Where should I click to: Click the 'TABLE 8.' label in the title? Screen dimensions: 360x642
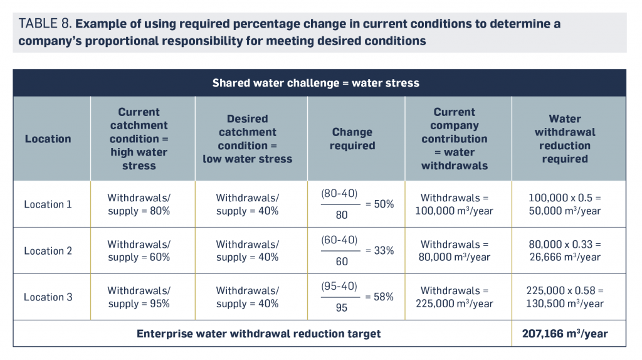46,24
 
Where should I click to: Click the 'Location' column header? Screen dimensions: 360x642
48,139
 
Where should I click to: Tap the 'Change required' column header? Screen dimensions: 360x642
352,139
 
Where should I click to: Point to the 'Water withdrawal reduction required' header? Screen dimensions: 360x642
564,139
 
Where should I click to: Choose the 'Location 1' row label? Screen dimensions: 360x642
48,204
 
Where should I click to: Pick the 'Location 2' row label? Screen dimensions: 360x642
48,251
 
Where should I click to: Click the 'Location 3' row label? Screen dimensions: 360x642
48,297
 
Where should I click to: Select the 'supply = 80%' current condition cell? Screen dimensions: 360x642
139,211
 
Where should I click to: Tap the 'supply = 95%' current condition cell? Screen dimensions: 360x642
139,304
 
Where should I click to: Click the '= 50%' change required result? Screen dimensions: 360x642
379,204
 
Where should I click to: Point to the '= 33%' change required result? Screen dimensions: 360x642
379,251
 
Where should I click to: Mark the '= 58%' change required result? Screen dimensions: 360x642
379,297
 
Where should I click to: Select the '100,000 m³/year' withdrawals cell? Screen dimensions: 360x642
454,211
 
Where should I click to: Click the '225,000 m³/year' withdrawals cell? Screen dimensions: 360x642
454,304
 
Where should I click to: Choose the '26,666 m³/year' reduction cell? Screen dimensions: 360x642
564,258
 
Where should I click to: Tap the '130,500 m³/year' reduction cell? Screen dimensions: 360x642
564,304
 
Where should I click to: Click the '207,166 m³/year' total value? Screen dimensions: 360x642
564,334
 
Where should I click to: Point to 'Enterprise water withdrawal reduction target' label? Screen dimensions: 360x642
258,334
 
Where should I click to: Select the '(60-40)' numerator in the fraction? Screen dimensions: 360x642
339,240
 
